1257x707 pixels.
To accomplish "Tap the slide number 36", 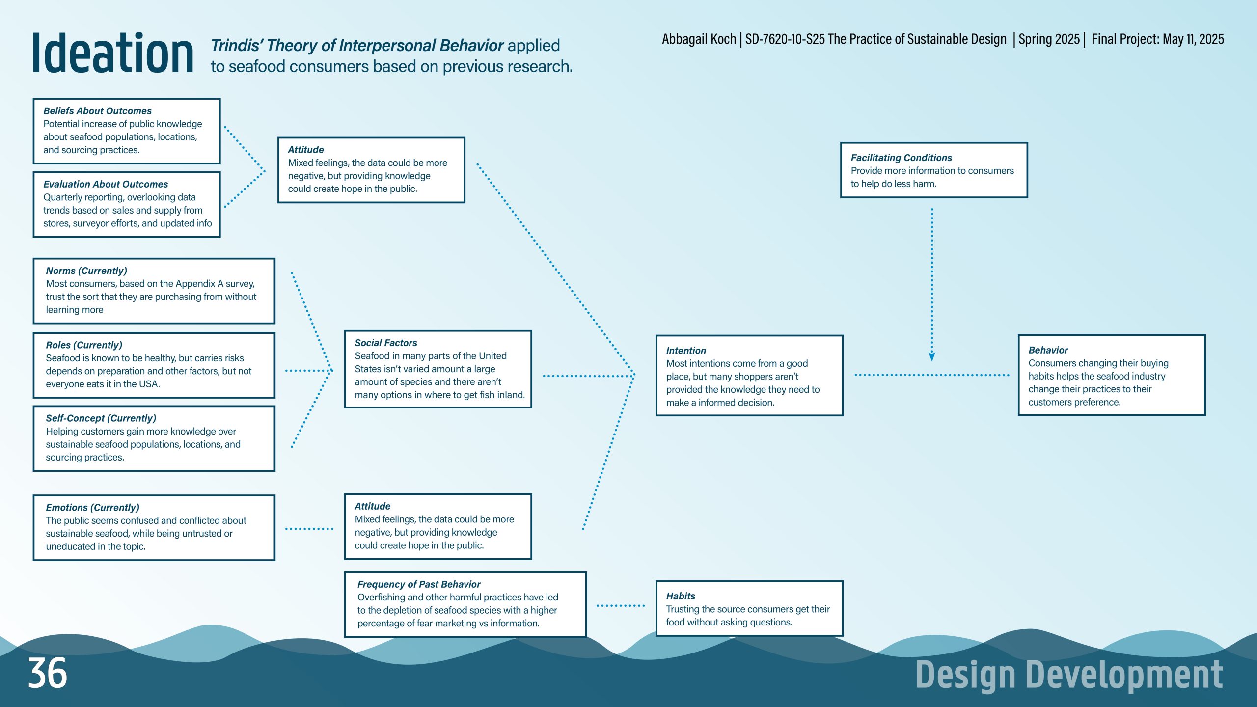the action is click(48, 673).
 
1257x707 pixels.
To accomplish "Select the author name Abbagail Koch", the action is click(699, 39).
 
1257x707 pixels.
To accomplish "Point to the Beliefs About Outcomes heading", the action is click(97, 111).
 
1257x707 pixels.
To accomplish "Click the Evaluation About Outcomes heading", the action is click(106, 184).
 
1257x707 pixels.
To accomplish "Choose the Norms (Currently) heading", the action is click(86, 271).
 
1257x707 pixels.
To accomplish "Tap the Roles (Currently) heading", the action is click(84, 345).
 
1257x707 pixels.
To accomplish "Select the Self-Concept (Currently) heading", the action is click(101, 418).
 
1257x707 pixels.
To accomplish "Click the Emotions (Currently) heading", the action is click(92, 508).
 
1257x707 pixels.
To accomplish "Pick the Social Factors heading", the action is click(386, 343).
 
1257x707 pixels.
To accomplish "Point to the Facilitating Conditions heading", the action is click(901, 158).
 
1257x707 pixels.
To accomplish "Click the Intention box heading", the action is click(686, 351).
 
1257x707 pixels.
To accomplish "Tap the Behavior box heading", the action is click(1048, 350).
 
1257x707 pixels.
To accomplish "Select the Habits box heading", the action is click(681, 596).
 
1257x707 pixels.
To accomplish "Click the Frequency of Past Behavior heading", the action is click(419, 584).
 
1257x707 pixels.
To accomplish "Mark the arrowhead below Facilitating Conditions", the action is click(932, 357).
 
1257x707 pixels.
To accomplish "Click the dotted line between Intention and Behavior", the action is click(932, 375).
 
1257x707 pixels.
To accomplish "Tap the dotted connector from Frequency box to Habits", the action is click(621, 606).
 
